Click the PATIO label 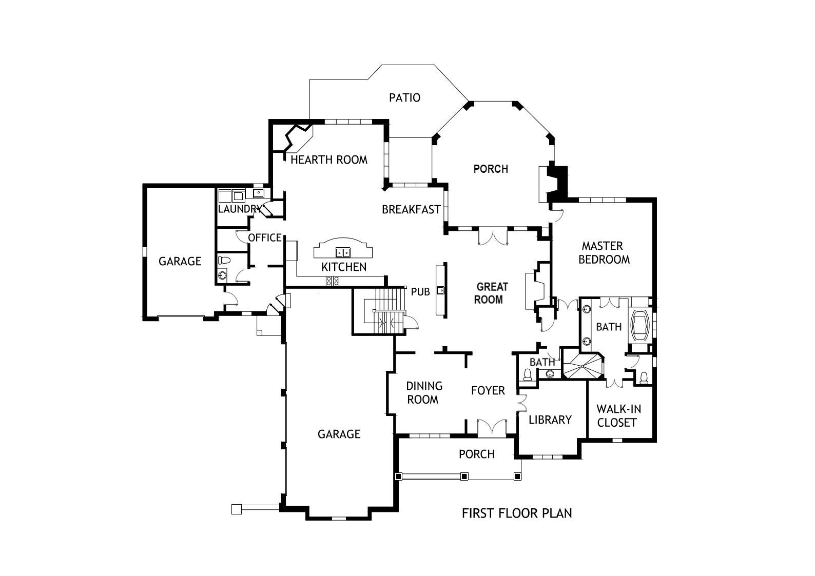404,97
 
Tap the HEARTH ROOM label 329,160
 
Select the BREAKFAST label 411,209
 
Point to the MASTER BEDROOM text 604,253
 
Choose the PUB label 420,292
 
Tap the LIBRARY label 550,420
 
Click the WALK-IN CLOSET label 618,415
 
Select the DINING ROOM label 424,393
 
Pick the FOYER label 488,390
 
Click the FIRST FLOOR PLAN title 517,513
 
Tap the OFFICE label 264,238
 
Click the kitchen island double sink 343,252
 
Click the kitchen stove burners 333,281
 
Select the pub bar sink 440,290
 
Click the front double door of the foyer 492,428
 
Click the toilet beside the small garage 224,260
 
